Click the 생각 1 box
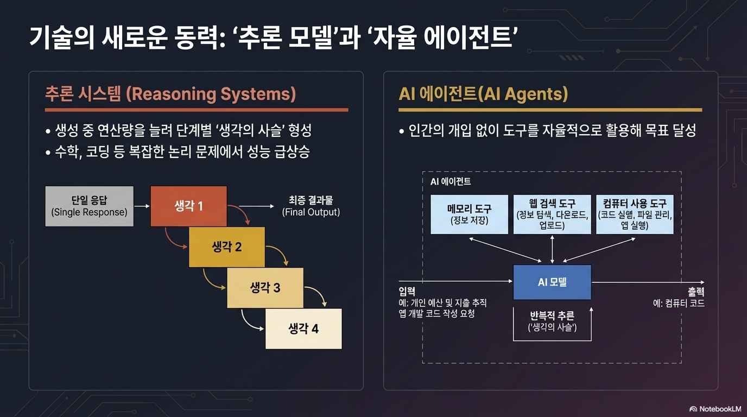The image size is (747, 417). pyautogui.click(x=188, y=206)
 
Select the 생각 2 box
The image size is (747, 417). pyautogui.click(x=226, y=247)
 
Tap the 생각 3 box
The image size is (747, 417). pyautogui.click(x=265, y=288)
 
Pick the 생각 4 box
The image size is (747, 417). pyautogui.click(x=303, y=328)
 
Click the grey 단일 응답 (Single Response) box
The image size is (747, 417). pyautogui.click(x=90, y=206)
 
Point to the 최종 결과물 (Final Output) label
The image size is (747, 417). pyautogui.click(x=311, y=206)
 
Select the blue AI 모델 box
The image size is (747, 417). pyautogui.click(x=552, y=282)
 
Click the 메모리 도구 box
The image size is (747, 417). pyautogui.click(x=470, y=214)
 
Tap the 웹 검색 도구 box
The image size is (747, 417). pyautogui.click(x=552, y=214)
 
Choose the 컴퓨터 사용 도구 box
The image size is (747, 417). pyautogui.click(x=635, y=214)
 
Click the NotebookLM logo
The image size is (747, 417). pyautogui.click(x=715, y=409)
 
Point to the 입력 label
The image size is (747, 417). pyautogui.click(x=407, y=292)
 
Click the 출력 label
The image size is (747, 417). pyautogui.click(x=696, y=292)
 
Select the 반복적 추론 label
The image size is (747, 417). pyautogui.click(x=552, y=315)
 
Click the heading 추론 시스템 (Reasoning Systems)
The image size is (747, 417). pyautogui.click(x=170, y=94)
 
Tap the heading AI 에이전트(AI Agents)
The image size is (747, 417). pyautogui.click(x=483, y=94)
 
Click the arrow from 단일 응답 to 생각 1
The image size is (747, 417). pyautogui.click(x=142, y=206)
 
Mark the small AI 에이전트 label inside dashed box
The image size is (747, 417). pyautogui.click(x=451, y=181)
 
